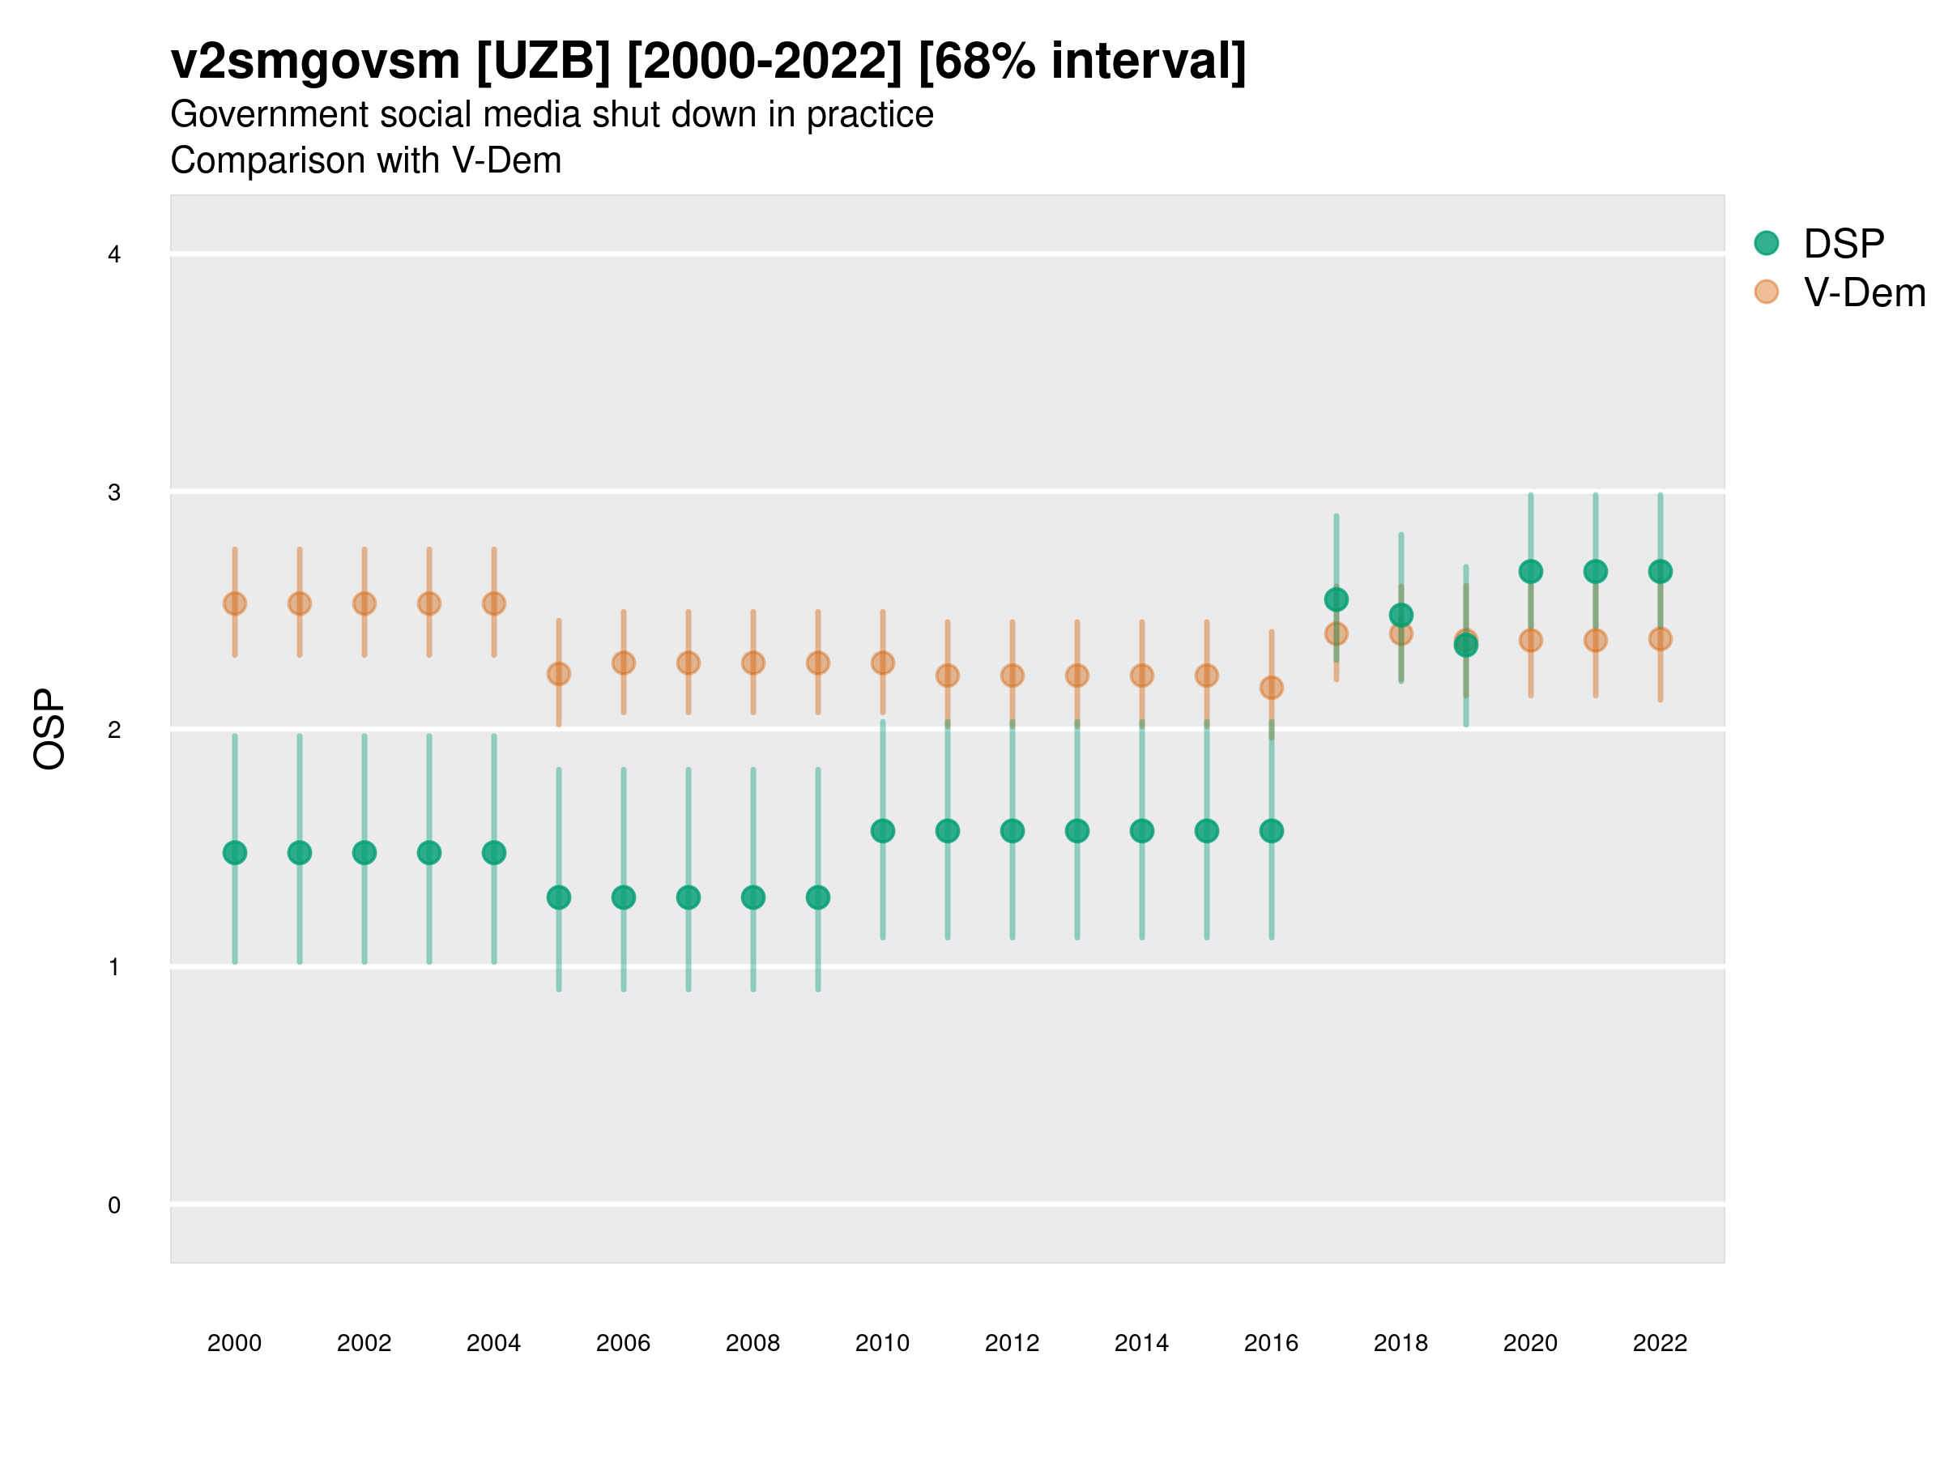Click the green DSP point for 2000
click(235, 852)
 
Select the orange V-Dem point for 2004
click(494, 603)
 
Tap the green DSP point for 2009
click(818, 897)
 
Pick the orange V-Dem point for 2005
click(559, 674)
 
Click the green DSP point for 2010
click(882, 830)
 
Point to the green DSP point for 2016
click(1272, 830)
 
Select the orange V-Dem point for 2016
click(1272, 687)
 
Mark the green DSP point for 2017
click(1336, 599)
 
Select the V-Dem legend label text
click(1864, 292)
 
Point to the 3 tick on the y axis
click(114, 492)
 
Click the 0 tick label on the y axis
click(114, 1205)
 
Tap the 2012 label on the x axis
click(1012, 1343)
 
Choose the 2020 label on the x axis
click(1530, 1343)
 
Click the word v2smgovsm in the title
click(314, 62)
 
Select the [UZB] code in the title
click(542, 62)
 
